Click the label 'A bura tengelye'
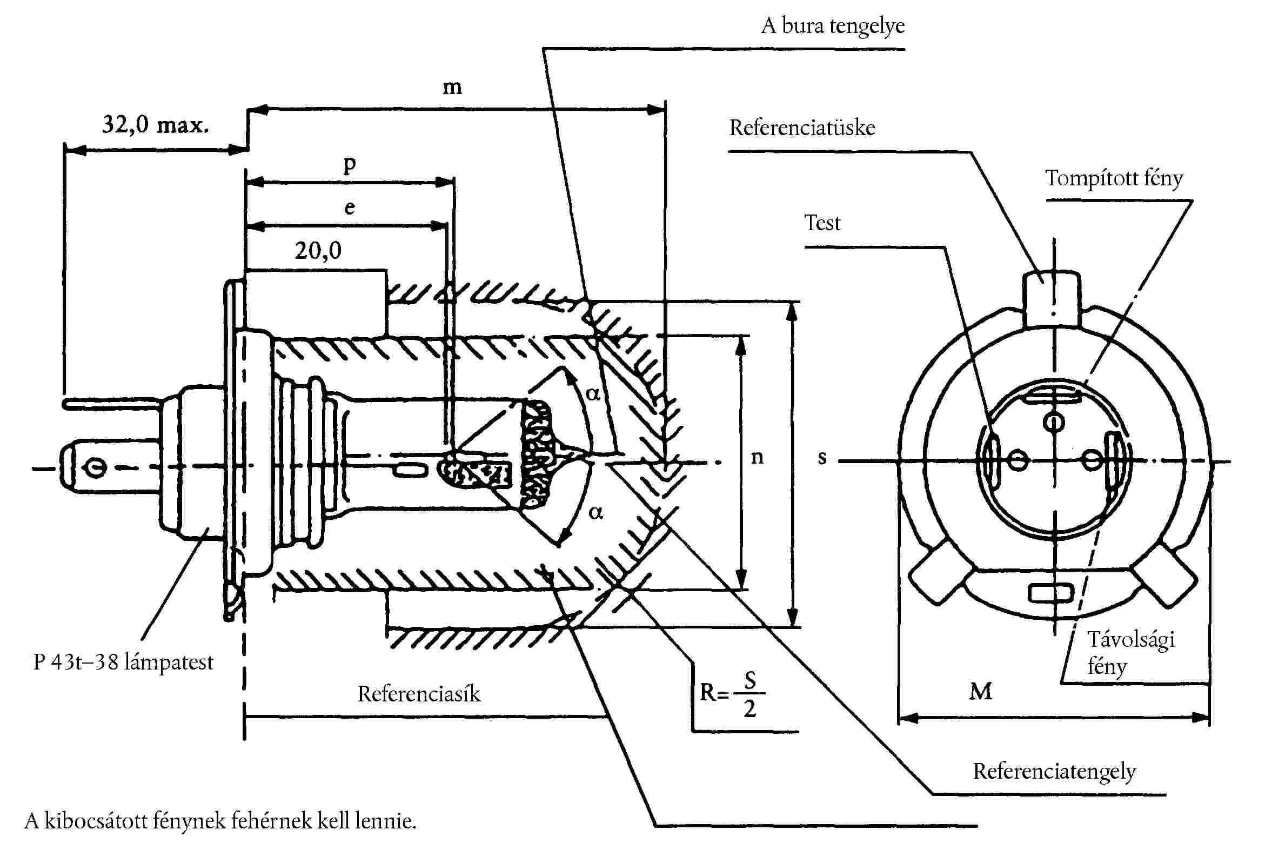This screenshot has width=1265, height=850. click(x=833, y=26)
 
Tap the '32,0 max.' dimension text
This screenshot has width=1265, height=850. click(x=155, y=125)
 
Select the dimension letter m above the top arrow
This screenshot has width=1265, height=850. click(x=452, y=88)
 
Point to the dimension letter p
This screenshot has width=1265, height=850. click(x=350, y=164)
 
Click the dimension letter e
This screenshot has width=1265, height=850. click(x=350, y=208)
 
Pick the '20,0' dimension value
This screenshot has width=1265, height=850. click(x=318, y=250)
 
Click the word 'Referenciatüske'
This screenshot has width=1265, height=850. click(x=801, y=128)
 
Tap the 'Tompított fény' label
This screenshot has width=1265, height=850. click(x=1114, y=178)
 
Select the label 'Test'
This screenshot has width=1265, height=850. click(x=822, y=223)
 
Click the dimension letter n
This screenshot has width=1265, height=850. click(x=757, y=458)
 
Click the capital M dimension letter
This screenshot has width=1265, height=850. click(x=980, y=692)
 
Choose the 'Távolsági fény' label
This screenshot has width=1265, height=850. click(x=1130, y=653)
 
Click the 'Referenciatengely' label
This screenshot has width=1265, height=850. click(x=1054, y=772)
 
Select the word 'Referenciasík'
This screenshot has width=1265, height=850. click(x=418, y=694)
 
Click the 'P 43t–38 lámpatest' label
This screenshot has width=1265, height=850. click(x=123, y=662)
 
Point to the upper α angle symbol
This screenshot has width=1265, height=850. click(x=593, y=393)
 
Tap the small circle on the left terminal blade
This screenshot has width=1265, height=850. click(x=96, y=468)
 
